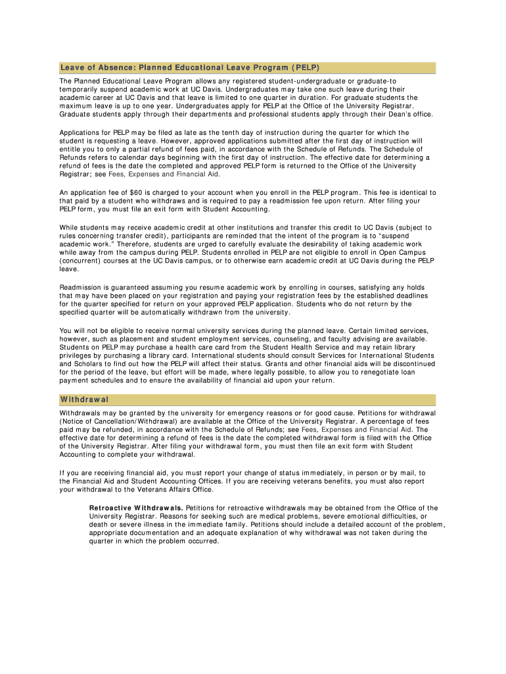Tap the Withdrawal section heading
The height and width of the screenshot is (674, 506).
point(84,400)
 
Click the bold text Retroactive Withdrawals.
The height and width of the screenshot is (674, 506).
point(136,508)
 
